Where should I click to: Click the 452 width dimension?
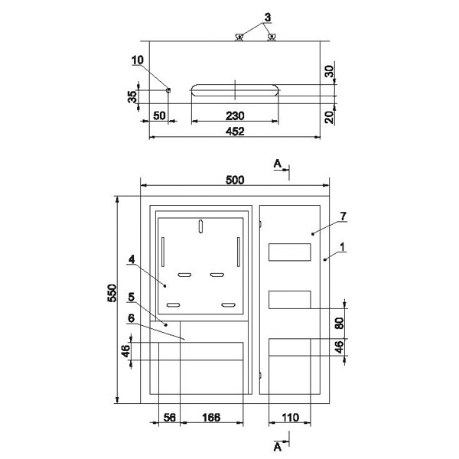235,131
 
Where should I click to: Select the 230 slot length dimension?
235,116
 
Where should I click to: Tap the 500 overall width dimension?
235,180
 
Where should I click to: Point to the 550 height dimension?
112,293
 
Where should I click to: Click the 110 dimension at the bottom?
290,418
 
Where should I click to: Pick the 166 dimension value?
211,418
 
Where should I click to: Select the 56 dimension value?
170,418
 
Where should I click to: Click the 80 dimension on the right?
339,323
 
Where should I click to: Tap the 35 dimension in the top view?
132,97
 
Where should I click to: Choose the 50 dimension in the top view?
160,116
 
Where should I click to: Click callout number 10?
138,60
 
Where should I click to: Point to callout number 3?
268,18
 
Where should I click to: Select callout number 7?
343,216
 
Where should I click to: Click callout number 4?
132,259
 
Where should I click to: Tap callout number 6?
132,318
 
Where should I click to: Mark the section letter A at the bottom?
278,447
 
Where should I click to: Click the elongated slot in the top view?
235,90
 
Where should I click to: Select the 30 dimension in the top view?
330,71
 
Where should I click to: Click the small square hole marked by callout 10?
168,90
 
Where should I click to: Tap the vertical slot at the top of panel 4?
200,226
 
